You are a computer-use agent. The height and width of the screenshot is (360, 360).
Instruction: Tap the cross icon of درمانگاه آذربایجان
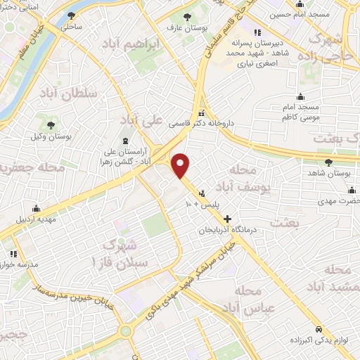pyautogui.click(x=226, y=220)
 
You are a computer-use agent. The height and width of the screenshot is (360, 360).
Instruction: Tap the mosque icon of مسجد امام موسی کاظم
pyautogui.click(x=302, y=97)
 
